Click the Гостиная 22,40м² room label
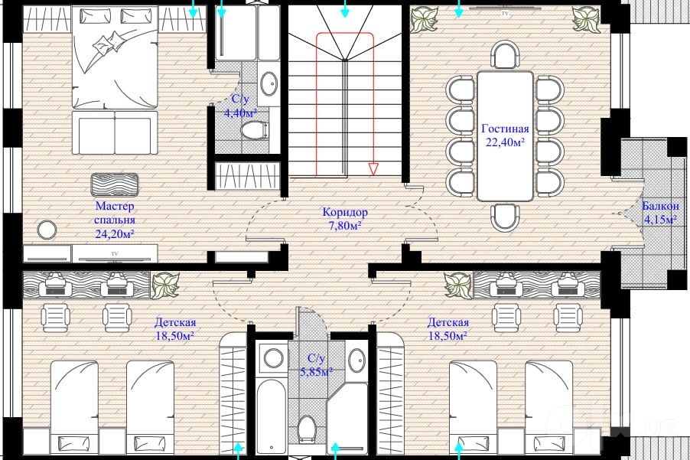(x=505, y=135)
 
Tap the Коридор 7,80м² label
(x=345, y=219)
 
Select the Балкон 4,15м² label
(x=660, y=213)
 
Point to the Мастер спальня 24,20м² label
(x=115, y=219)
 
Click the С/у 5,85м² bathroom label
(x=316, y=365)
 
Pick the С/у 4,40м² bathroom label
(x=240, y=106)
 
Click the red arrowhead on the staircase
(x=373, y=169)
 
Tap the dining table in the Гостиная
(x=505, y=135)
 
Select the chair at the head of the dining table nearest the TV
(x=506, y=54)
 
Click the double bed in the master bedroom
(x=115, y=57)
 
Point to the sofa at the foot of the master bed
(x=115, y=132)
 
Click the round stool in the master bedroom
(x=47, y=230)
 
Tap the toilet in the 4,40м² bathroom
(x=254, y=130)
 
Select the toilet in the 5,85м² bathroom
(x=306, y=429)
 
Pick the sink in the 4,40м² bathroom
(x=269, y=83)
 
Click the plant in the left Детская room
(x=165, y=285)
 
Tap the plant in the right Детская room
(x=458, y=285)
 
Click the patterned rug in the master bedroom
(x=115, y=184)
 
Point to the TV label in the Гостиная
(x=505, y=14)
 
